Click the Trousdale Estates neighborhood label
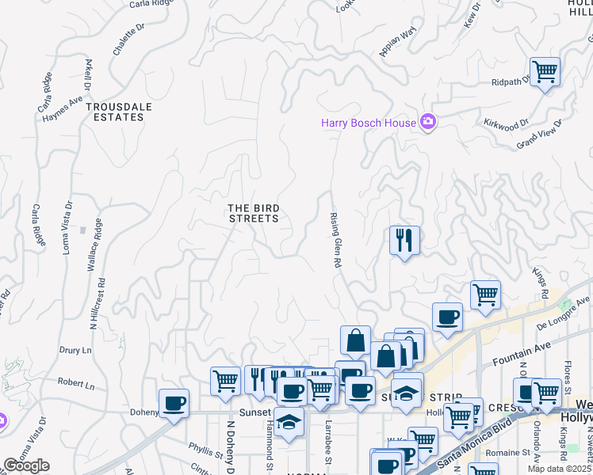point(115,112)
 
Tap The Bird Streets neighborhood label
point(254,213)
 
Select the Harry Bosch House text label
point(368,123)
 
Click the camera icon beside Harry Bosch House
point(428,123)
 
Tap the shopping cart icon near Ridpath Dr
point(545,72)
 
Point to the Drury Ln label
point(75,348)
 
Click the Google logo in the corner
point(26,465)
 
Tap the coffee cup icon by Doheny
point(174,404)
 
